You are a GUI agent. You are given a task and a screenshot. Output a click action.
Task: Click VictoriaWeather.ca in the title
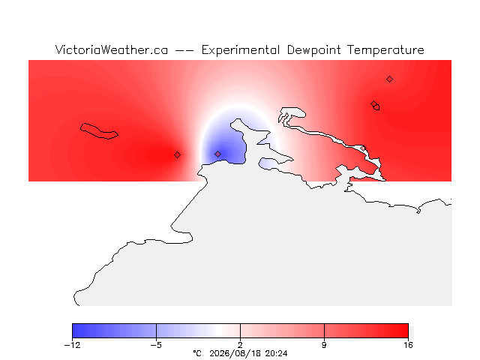(112, 50)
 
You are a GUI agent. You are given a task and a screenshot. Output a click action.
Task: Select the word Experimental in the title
(241, 50)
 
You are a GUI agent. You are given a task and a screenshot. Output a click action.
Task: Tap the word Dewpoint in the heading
(313, 50)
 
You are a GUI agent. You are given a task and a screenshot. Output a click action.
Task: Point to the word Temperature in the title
(385, 50)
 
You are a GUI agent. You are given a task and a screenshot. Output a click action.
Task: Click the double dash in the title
(184, 50)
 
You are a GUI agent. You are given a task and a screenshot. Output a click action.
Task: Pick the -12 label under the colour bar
(72, 345)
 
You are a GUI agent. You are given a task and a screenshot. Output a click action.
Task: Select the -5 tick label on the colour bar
(156, 345)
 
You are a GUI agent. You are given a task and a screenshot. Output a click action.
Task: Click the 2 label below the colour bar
(240, 345)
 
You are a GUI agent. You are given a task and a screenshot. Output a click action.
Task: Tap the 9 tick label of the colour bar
(324, 345)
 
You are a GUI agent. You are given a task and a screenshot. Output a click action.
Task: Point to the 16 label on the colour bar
(408, 345)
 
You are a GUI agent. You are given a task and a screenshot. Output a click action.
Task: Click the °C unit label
(197, 353)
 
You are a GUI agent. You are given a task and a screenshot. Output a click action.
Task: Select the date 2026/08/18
(235, 354)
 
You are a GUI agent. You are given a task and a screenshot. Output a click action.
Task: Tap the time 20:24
(277, 353)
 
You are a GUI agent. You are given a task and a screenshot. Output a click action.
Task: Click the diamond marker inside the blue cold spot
(217, 154)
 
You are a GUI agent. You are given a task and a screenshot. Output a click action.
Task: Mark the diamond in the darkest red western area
(177, 155)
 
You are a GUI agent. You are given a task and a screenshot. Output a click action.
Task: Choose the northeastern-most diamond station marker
(389, 79)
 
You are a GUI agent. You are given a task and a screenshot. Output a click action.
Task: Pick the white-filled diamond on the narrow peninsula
(363, 148)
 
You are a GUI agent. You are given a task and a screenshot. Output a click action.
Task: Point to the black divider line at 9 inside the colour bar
(324, 331)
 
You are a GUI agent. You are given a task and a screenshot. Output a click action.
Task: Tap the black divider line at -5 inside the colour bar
(156, 331)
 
